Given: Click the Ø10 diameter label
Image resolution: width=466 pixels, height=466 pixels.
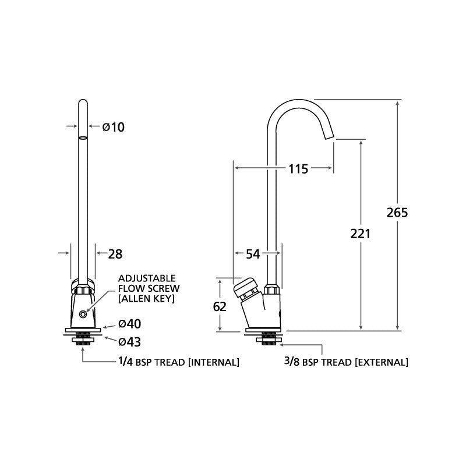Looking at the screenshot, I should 114,126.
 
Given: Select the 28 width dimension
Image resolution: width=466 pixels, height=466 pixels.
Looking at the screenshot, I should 116,253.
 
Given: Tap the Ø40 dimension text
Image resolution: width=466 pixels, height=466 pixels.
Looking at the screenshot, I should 129,324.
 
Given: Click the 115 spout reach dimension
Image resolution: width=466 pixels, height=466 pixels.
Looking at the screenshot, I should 298,169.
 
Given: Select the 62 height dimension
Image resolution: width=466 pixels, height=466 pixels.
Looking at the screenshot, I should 220,306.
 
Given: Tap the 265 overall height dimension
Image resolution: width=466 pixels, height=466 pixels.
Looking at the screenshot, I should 397,212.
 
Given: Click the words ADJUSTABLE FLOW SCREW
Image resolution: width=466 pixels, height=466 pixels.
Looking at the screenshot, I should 149,283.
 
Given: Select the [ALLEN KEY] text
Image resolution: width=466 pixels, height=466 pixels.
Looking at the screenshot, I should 146,298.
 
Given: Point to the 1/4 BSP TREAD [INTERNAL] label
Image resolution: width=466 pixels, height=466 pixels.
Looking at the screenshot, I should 178,362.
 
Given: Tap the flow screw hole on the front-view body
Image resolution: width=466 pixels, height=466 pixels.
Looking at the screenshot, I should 86,314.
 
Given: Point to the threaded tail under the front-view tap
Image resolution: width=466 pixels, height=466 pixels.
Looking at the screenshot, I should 83,337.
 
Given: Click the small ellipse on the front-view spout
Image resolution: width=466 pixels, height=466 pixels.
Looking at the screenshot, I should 83,139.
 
